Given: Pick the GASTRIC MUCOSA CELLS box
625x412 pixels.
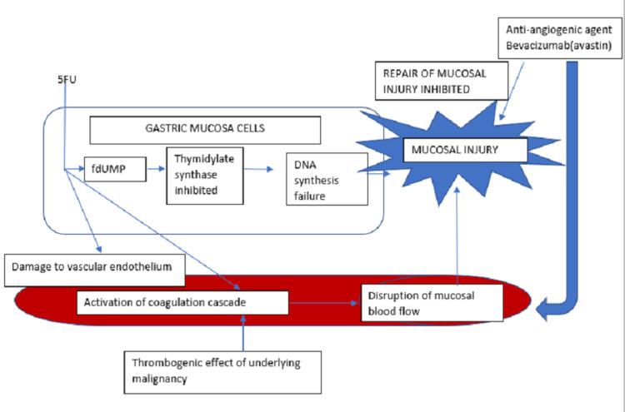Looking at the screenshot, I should pos(204,130).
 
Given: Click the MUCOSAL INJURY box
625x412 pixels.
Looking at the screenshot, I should pos(465,150).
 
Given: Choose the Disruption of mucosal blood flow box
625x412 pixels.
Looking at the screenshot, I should pos(432,303).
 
